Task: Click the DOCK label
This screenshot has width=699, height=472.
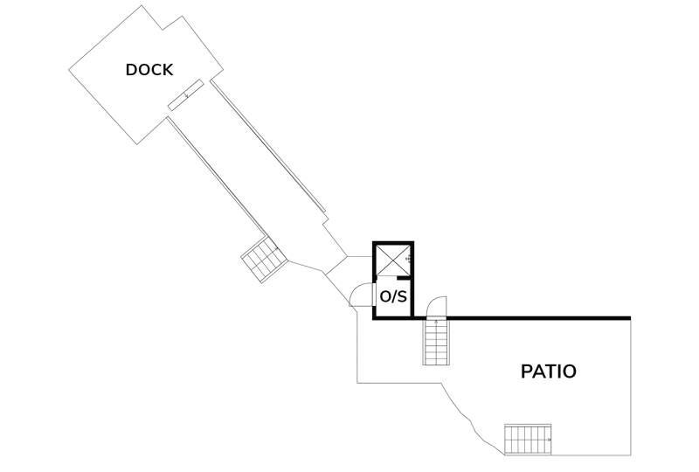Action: click(149, 70)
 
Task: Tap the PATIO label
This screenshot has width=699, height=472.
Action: click(549, 371)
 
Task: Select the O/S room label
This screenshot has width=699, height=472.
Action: click(393, 296)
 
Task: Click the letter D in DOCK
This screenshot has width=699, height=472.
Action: click(132, 70)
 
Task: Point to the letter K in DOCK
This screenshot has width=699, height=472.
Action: click(168, 70)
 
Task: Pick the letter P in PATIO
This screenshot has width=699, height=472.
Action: click(527, 371)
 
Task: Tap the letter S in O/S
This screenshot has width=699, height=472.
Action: click(402, 296)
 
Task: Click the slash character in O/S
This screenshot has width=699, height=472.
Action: click(394, 296)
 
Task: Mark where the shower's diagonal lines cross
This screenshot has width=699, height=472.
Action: click(392, 260)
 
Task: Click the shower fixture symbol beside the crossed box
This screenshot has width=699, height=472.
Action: click(408, 259)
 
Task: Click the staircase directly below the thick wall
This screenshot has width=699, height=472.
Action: click(435, 342)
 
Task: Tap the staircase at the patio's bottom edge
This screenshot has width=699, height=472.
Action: click(528, 440)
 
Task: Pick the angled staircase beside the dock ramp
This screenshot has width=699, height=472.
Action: click(265, 260)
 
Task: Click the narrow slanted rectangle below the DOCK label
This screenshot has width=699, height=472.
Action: click(185, 94)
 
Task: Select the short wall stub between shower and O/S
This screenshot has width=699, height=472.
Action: click(404, 278)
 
